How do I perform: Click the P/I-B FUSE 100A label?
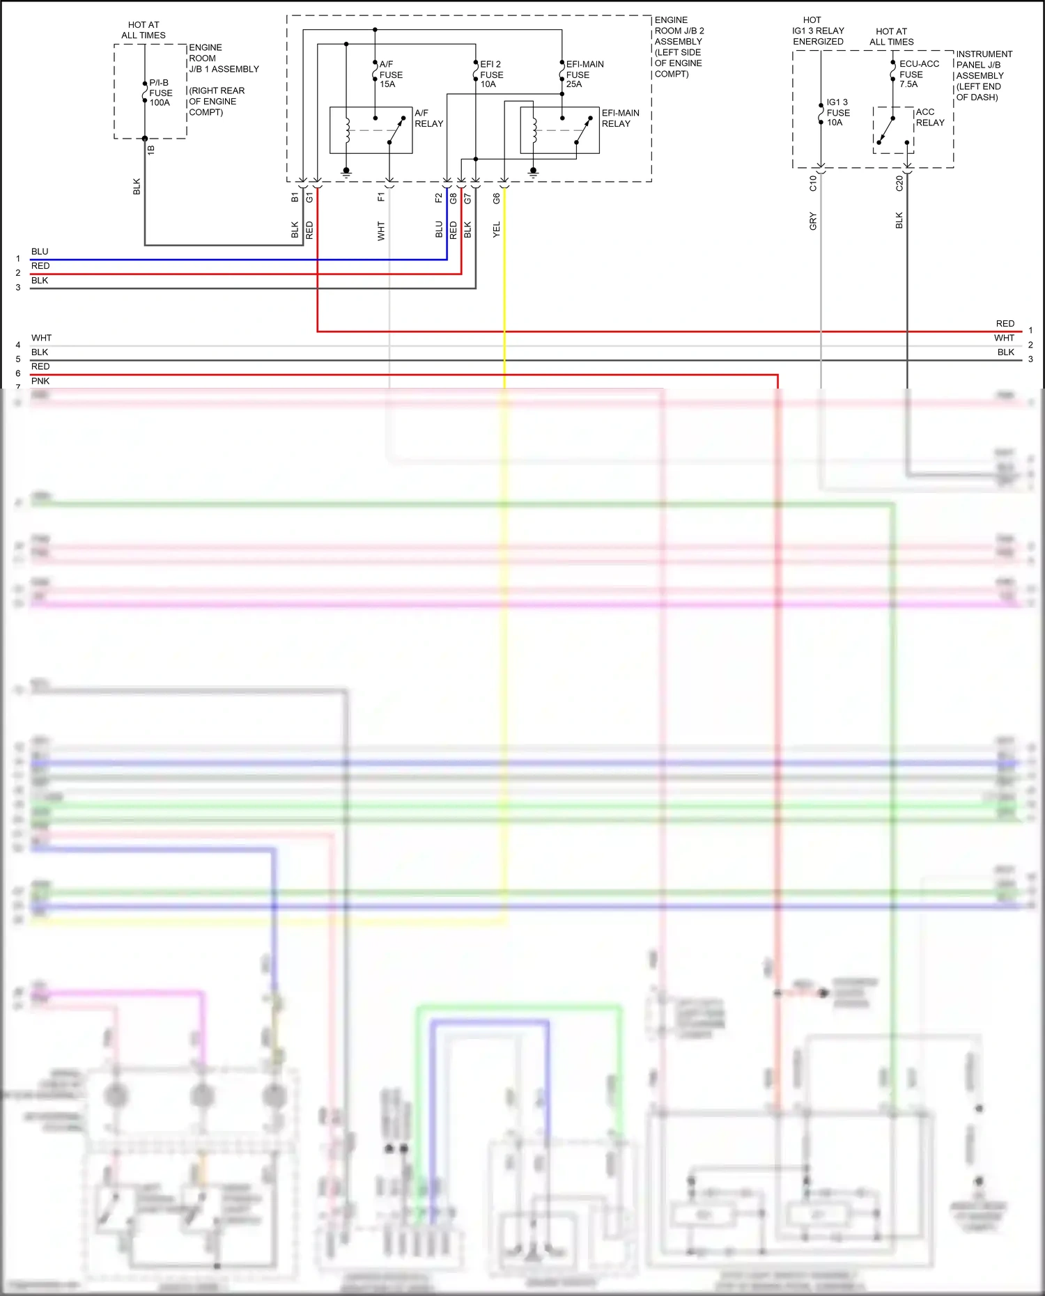point(160,93)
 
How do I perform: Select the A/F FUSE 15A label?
point(390,74)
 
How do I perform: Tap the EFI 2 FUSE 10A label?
point(490,74)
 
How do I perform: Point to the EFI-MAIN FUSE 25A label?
point(584,74)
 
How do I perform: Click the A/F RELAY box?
point(371,130)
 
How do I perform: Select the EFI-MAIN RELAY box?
point(559,130)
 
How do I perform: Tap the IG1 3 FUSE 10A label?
point(837,112)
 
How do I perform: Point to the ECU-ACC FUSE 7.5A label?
point(918,74)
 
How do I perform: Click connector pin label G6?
point(497,198)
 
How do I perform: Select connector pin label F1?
point(381,198)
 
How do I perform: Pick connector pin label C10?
point(813,183)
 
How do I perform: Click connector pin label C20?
point(899,183)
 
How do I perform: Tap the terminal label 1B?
point(151,149)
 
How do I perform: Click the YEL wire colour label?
point(497,230)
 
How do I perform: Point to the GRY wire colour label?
point(813,221)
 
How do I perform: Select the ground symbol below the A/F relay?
point(346,171)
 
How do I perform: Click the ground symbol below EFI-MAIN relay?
point(533,171)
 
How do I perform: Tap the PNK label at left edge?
point(40,381)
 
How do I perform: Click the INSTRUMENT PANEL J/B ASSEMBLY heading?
point(983,75)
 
